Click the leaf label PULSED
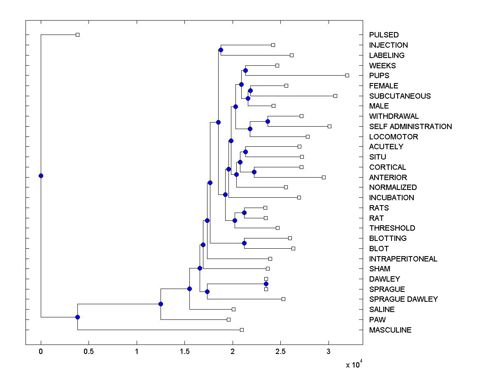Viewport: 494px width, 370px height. [384, 35]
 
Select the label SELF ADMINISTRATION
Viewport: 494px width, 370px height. [410, 127]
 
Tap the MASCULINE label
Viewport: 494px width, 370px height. [390, 330]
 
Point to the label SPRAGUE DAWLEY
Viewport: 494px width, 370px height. [403, 299]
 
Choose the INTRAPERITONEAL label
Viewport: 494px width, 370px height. [403, 259]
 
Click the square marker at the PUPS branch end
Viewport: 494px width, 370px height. [347, 75]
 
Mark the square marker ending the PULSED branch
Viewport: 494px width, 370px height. [77, 35]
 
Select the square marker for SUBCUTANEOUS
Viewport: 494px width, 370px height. [335, 96]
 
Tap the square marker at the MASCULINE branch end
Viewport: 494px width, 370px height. [242, 330]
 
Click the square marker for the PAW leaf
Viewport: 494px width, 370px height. [228, 319]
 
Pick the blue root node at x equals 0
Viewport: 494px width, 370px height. [41, 176]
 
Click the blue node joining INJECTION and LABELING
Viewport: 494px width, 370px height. [221, 50]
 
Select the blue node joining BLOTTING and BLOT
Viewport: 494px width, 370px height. [244, 243]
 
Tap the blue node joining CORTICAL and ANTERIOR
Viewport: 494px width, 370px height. [254, 172]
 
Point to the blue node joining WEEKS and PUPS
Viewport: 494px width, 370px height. [245, 70]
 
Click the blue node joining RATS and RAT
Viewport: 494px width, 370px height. [244, 213]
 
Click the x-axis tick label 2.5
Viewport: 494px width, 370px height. [280, 351]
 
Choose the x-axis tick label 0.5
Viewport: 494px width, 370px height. [89, 351]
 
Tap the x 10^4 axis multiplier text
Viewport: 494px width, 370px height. [353, 364]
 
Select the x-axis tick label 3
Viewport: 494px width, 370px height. [329, 351]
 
